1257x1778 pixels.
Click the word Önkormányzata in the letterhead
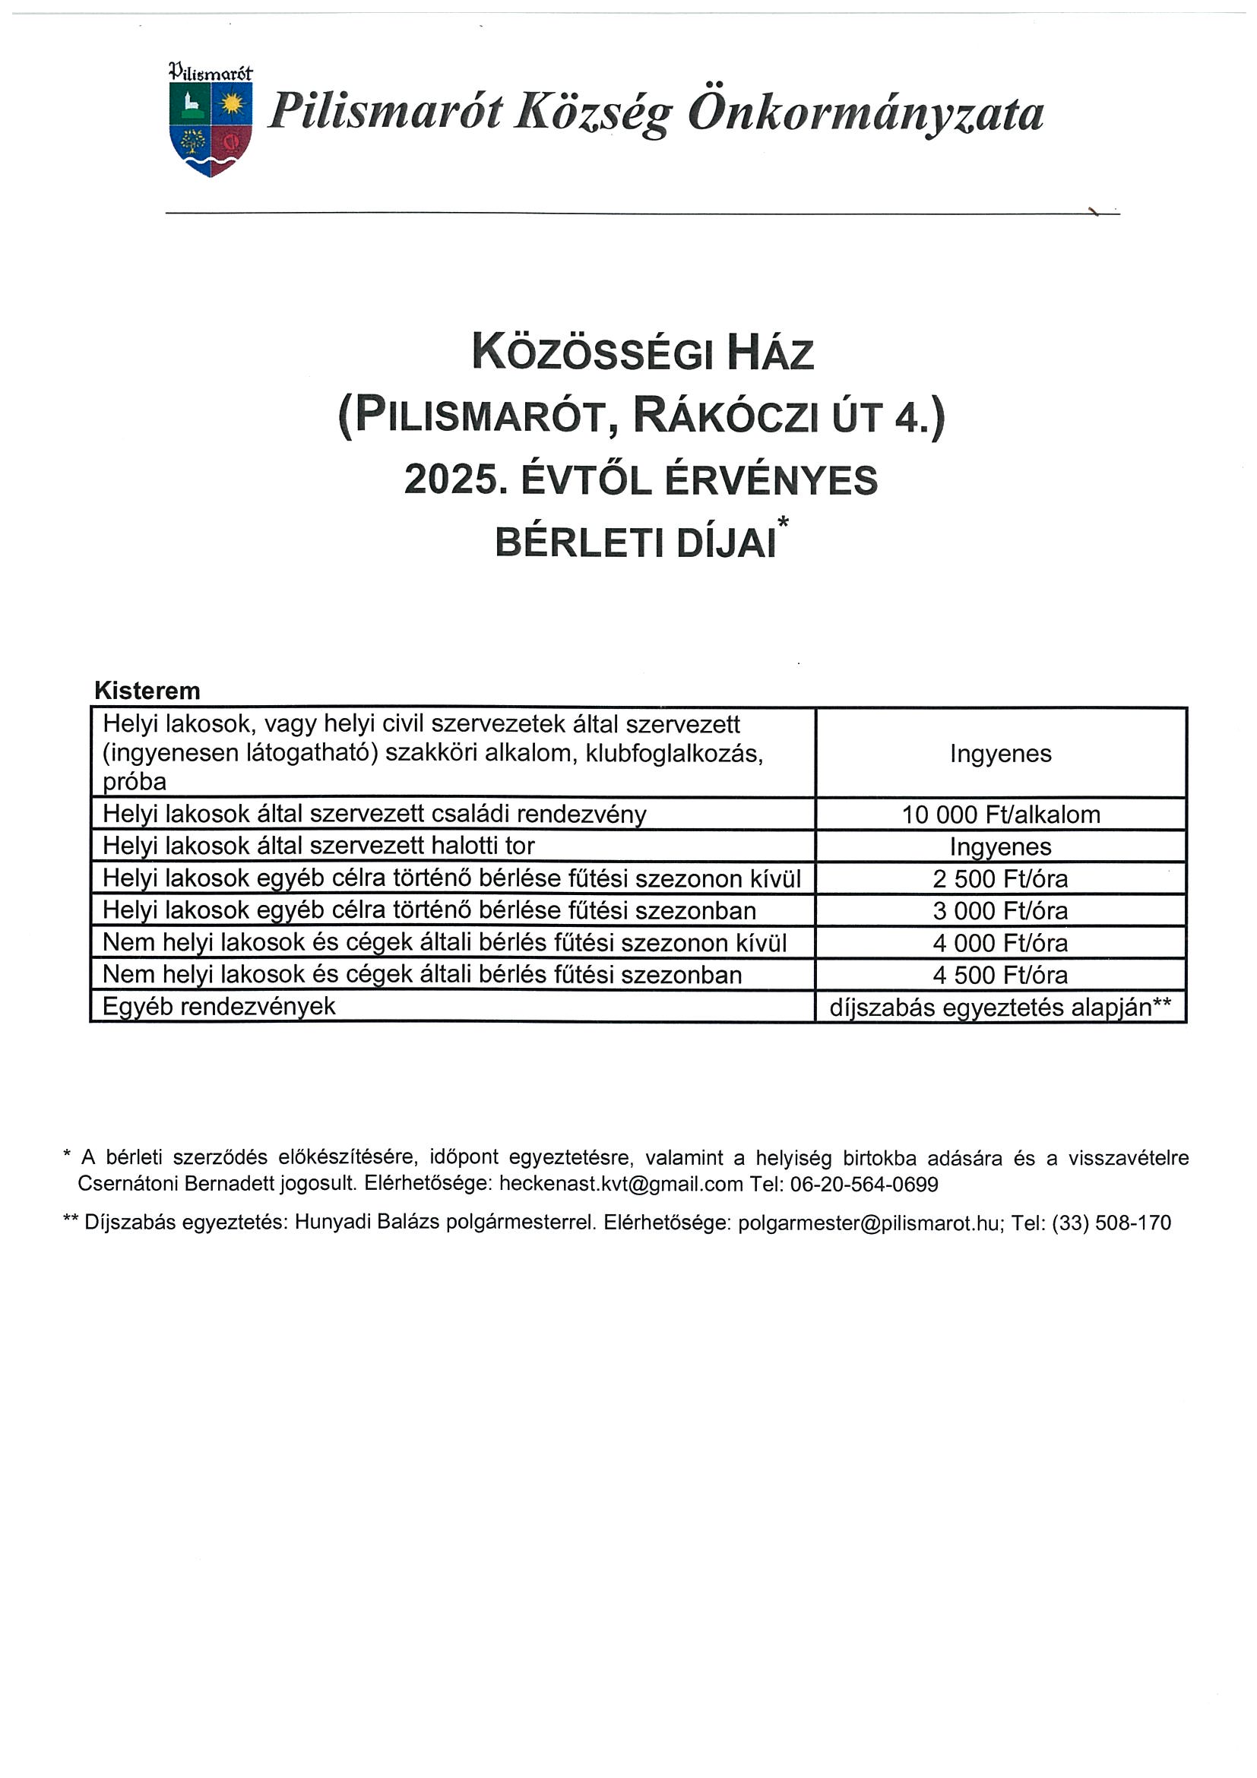[x=865, y=113]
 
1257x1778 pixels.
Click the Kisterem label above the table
[x=147, y=690]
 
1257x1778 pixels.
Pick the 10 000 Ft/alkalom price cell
[x=1001, y=815]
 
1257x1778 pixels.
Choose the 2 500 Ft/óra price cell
[x=1001, y=879]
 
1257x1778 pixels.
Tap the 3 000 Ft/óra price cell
[x=1001, y=911]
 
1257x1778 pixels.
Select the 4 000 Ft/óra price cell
[x=1001, y=943]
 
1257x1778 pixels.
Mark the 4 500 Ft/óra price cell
[x=1001, y=975]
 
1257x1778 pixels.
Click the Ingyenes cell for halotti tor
[x=1001, y=847]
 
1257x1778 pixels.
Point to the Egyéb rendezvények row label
[x=219, y=1007]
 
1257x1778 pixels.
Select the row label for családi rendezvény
[x=374, y=815]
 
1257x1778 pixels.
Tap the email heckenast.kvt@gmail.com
[x=620, y=1184]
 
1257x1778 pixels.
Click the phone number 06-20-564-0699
[x=863, y=1184]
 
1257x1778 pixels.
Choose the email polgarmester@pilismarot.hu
[x=868, y=1223]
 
